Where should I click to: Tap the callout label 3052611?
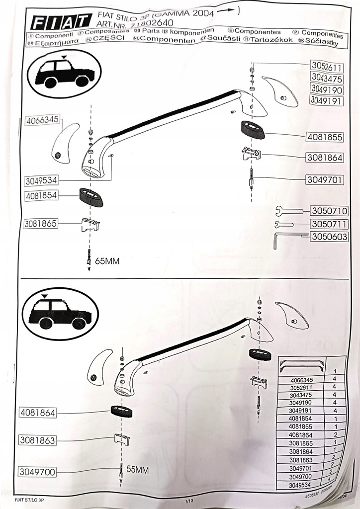[x=326, y=67]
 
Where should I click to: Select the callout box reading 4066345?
[x=43, y=119]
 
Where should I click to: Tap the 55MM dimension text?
[x=138, y=469]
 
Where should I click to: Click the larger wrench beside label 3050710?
[x=289, y=211]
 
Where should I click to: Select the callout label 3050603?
[x=329, y=237]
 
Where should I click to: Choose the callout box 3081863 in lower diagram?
[x=38, y=440]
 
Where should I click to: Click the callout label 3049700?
[x=38, y=472]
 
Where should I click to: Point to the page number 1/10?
[x=188, y=501]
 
